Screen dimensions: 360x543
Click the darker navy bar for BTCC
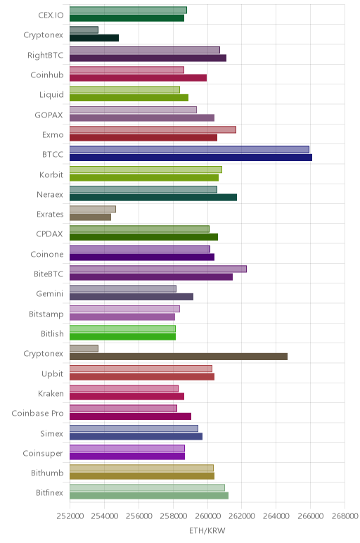click(x=191, y=158)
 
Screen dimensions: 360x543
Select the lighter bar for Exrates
click(x=93, y=209)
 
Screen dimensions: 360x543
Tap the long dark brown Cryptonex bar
click(x=179, y=357)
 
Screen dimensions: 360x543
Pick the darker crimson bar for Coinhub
click(x=138, y=78)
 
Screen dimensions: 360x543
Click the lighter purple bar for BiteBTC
click(x=158, y=269)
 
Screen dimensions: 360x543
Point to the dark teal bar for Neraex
click(x=153, y=198)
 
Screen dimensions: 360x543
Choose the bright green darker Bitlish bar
click(x=122, y=337)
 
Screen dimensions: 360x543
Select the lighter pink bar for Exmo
click(x=153, y=129)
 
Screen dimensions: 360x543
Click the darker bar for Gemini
click(x=131, y=297)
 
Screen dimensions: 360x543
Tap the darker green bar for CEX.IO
click(x=127, y=18)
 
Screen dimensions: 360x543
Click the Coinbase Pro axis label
click(x=37, y=413)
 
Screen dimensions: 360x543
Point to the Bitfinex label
click(x=49, y=492)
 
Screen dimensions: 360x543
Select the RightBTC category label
click(x=45, y=56)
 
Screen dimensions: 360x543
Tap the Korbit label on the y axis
click(x=51, y=174)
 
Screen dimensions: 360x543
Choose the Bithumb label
click(x=47, y=473)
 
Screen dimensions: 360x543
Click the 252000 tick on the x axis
click(x=70, y=516)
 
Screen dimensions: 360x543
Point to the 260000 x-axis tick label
click(x=207, y=516)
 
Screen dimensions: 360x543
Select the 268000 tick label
click(x=345, y=516)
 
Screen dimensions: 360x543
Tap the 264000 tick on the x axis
click(x=276, y=516)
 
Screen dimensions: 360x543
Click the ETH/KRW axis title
click(x=207, y=530)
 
